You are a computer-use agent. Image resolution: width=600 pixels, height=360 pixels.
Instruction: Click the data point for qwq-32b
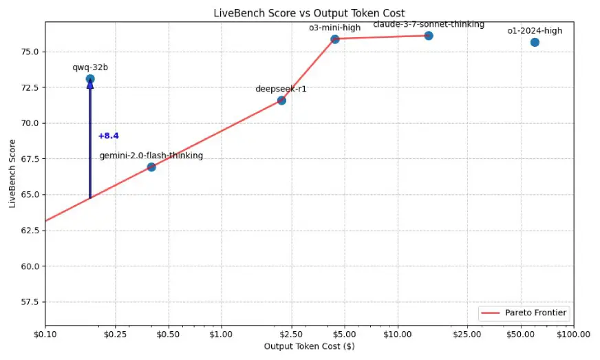[90, 79]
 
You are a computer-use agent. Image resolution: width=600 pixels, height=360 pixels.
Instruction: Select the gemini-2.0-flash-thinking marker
[151, 167]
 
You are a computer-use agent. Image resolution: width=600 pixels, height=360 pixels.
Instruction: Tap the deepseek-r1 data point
[281, 100]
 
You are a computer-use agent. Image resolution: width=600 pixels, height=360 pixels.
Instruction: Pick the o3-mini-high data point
[335, 39]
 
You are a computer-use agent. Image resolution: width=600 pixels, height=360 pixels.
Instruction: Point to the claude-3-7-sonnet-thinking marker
[429, 36]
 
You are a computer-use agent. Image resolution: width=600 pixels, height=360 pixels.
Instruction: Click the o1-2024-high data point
[535, 43]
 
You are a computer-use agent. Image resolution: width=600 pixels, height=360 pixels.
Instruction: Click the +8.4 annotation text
[109, 136]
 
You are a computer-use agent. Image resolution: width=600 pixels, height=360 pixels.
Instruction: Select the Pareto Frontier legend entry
[524, 313]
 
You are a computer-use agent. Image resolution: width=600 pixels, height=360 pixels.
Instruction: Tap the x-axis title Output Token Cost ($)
[309, 347]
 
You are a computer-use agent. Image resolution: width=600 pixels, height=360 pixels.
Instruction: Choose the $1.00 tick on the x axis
[221, 335]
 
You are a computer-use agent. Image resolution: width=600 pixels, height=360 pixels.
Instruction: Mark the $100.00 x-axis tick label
[572, 335]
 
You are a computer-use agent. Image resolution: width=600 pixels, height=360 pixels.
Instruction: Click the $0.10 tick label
[45, 335]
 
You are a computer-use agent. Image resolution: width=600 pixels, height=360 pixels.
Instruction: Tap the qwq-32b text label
[90, 67]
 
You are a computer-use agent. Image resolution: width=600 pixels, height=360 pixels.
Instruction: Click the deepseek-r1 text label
[281, 89]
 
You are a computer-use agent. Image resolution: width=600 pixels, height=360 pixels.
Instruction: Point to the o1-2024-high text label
[535, 31]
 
